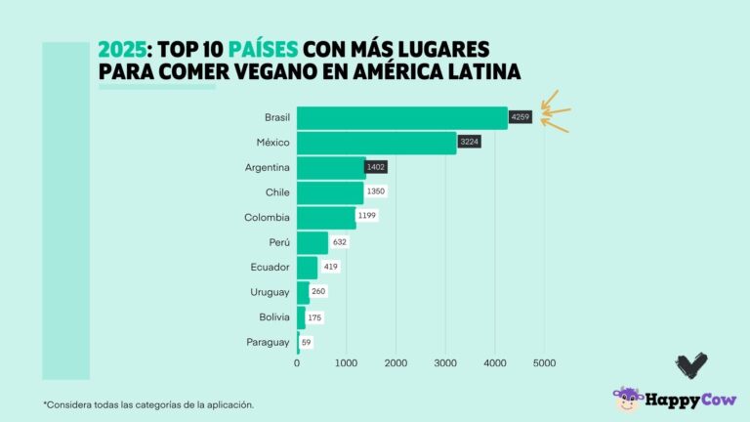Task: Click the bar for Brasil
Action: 401,118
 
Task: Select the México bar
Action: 376,143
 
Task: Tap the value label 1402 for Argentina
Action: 376,167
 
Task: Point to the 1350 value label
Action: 377,192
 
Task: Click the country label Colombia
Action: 267,217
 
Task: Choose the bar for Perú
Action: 312,242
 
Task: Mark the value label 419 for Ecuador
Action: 331,267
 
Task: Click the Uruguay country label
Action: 270,292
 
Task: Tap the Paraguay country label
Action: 268,342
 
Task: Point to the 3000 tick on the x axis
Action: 445,363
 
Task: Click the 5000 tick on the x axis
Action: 544,363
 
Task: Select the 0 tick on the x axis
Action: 297,363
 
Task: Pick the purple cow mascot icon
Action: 626,399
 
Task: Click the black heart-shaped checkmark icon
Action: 690,365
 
